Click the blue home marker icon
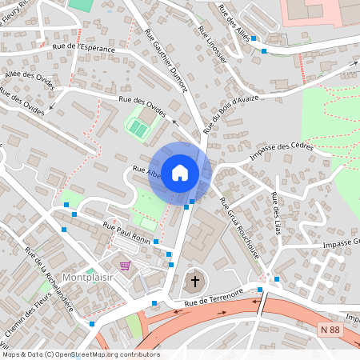[180, 172]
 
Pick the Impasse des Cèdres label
[281, 150]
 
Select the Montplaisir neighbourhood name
[86, 278]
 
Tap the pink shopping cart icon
[125, 265]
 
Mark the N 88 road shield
[327, 329]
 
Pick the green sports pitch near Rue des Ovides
[138, 127]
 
